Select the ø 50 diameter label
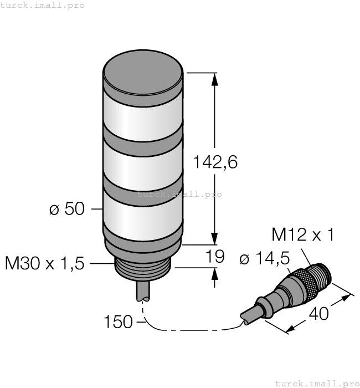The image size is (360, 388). click(66, 209)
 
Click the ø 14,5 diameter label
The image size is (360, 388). click(264, 259)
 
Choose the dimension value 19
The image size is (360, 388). click(215, 256)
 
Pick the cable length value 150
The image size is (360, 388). click(119, 321)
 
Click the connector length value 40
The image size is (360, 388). click(318, 314)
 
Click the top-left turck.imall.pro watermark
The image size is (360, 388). click(43, 5)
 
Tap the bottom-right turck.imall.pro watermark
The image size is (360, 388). click(317, 383)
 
